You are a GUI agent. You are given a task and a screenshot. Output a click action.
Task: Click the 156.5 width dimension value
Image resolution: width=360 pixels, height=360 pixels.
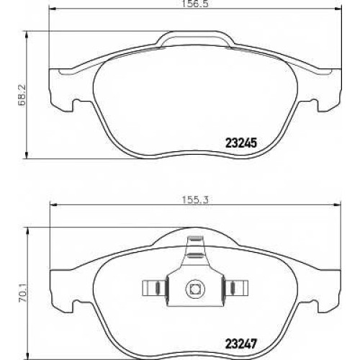pyautogui.click(x=194, y=4)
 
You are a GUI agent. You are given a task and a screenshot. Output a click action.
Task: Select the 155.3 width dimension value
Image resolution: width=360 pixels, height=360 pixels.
pyautogui.click(x=195, y=199)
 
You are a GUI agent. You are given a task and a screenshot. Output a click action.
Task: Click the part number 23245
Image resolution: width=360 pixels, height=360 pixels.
pyautogui.click(x=241, y=143)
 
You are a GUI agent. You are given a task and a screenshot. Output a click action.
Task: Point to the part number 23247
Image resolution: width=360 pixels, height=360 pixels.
pyautogui.click(x=241, y=343)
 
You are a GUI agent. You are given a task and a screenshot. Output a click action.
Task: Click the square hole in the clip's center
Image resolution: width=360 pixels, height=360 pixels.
pyautogui.click(x=194, y=289)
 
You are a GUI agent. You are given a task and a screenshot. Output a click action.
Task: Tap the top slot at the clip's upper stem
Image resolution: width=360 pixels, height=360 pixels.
pyautogui.click(x=195, y=238)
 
